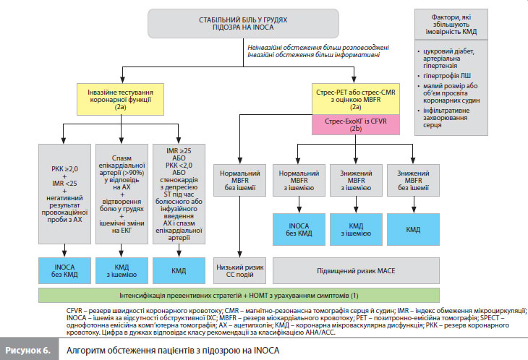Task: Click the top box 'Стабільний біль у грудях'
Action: (x=243, y=24)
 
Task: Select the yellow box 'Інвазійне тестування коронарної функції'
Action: (x=120, y=100)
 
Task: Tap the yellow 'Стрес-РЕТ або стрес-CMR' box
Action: (x=356, y=99)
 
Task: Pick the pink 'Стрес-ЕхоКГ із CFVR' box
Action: (x=356, y=125)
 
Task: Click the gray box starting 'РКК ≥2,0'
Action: (x=64, y=194)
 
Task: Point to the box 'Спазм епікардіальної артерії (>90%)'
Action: (x=122, y=194)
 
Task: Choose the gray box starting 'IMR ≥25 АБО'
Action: (x=179, y=194)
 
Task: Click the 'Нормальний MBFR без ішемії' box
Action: (x=239, y=180)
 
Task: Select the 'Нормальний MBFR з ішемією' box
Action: (x=299, y=180)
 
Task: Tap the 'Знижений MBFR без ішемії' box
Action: (x=413, y=180)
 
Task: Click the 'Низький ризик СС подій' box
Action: (x=239, y=271)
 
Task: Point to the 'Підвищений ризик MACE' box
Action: (x=356, y=271)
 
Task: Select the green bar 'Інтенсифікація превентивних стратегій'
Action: (x=239, y=296)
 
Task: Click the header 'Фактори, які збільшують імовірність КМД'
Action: (x=451, y=25)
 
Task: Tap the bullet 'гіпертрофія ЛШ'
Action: (x=447, y=76)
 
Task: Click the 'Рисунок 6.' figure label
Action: (x=28, y=351)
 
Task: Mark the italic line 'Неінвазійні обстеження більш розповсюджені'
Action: (x=318, y=48)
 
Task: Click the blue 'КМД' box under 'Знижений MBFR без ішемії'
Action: (x=413, y=229)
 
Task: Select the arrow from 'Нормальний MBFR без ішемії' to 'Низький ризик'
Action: (x=239, y=227)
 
